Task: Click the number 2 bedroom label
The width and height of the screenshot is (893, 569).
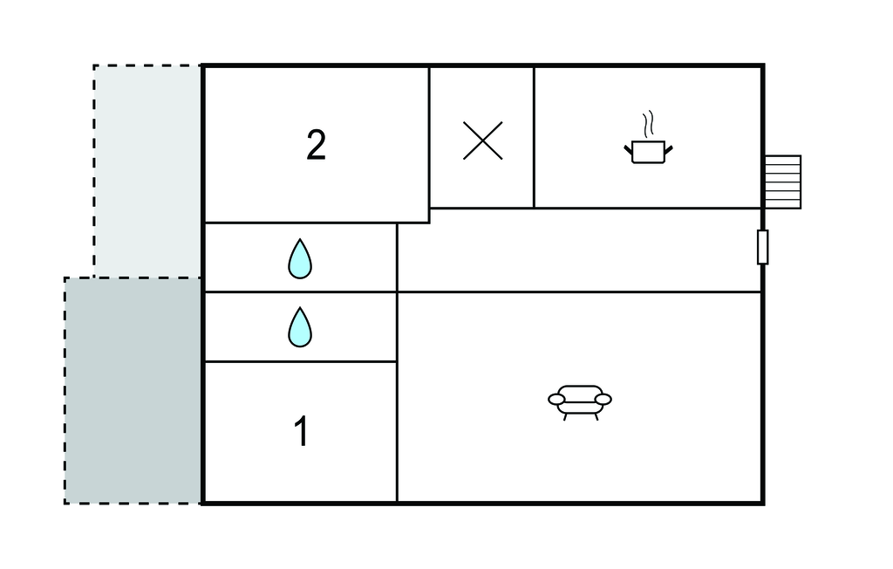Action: pos(316,145)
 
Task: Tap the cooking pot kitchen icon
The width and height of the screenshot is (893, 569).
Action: pos(648,152)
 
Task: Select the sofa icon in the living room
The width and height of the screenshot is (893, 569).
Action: pos(580,402)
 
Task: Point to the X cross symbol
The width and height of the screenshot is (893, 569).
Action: pos(483,141)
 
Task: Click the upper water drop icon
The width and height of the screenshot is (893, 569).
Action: pos(300,259)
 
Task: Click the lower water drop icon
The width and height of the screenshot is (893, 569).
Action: pos(300,327)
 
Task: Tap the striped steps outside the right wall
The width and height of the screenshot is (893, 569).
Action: pos(782,182)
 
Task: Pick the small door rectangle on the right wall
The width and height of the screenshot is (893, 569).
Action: pos(762,248)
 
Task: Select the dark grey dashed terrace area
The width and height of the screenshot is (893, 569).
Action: pos(133,391)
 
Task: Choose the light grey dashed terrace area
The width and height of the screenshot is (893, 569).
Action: pos(147,171)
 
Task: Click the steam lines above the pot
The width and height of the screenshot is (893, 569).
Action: pos(648,124)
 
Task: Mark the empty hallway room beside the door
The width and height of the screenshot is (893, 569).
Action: pos(579,250)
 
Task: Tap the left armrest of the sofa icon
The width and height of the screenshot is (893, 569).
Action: pos(557,399)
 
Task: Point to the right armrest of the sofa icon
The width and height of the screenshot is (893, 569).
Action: pos(603,399)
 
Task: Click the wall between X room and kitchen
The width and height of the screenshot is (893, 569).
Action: pos(535,137)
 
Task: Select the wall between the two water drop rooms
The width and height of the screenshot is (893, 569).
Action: pos(300,292)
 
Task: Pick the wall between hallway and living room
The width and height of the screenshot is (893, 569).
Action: pos(579,291)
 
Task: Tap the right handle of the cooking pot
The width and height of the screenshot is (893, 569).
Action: pos(669,150)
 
